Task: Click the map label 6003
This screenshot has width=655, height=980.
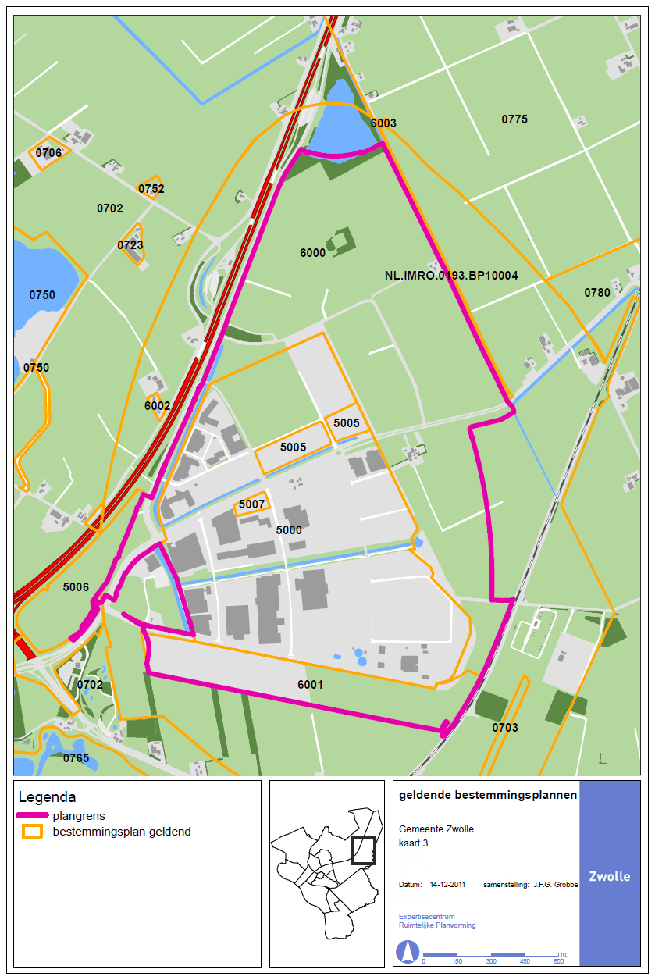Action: click(x=383, y=123)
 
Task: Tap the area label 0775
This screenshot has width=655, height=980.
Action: click(x=514, y=119)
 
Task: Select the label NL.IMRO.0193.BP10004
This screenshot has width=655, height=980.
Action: click(x=451, y=276)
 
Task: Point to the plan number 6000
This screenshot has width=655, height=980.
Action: click(x=312, y=253)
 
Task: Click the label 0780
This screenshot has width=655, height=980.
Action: click(x=597, y=293)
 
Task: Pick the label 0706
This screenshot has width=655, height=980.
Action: click(x=48, y=153)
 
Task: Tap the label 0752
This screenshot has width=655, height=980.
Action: click(x=151, y=189)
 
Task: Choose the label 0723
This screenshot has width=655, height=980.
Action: click(x=130, y=245)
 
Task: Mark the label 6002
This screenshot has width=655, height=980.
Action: click(x=157, y=406)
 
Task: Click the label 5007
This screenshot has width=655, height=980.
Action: click(x=252, y=504)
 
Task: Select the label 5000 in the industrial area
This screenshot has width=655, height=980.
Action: click(x=289, y=529)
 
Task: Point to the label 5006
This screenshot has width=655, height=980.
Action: click(x=76, y=587)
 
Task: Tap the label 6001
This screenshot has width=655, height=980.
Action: click(x=310, y=685)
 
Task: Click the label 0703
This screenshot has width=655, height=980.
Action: click(x=505, y=728)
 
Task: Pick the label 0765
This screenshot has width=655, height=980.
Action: click(x=76, y=758)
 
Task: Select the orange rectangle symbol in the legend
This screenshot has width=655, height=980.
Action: click(x=33, y=832)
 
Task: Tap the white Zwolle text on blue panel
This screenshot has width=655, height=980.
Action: click(x=610, y=876)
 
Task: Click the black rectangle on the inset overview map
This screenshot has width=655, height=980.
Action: click(x=363, y=850)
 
